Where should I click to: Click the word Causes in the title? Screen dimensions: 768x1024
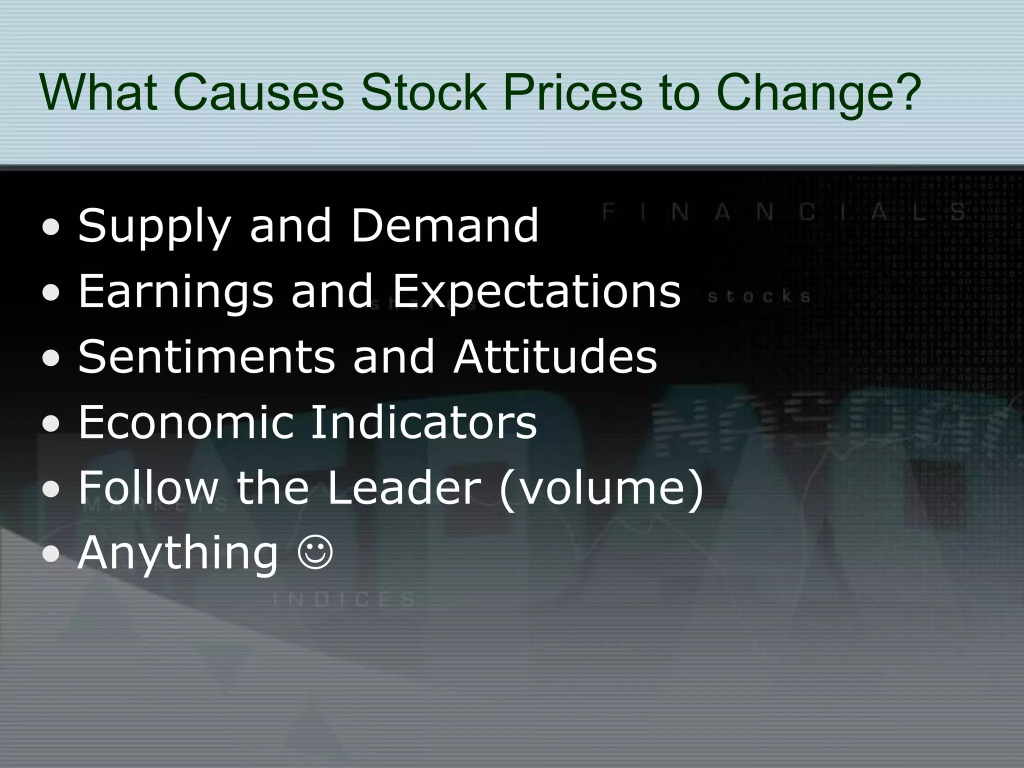[x=258, y=92]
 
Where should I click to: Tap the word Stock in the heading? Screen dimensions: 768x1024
[x=423, y=92]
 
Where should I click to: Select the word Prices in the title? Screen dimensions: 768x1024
[x=572, y=92]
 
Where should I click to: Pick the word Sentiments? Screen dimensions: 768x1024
[x=206, y=356]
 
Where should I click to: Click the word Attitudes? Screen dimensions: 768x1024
[x=555, y=356]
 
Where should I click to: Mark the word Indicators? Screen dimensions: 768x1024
[x=423, y=422]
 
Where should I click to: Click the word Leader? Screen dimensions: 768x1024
[x=404, y=487]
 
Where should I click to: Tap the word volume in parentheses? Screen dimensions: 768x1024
[x=601, y=487]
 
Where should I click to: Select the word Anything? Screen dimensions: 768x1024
[x=177, y=554]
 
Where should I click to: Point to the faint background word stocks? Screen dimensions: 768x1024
[x=759, y=297]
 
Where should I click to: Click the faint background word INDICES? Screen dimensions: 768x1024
[x=344, y=599]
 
